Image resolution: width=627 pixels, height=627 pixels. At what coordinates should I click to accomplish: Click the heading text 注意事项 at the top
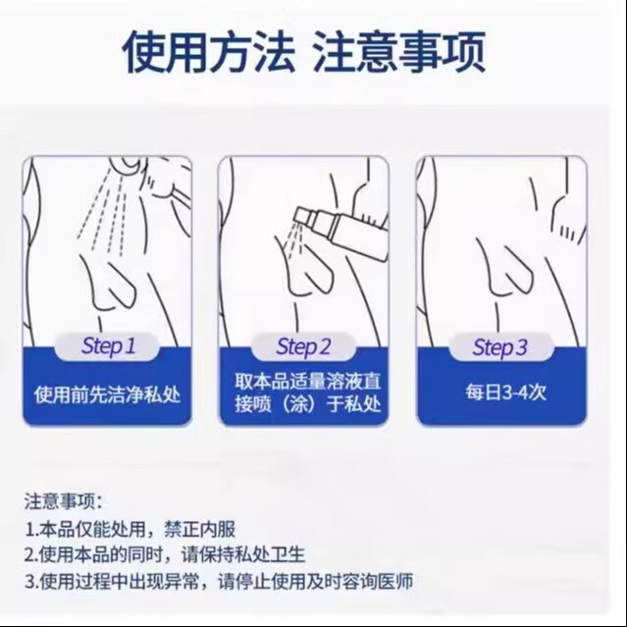point(398,51)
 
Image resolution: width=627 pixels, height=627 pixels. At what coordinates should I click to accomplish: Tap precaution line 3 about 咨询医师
point(217,581)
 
